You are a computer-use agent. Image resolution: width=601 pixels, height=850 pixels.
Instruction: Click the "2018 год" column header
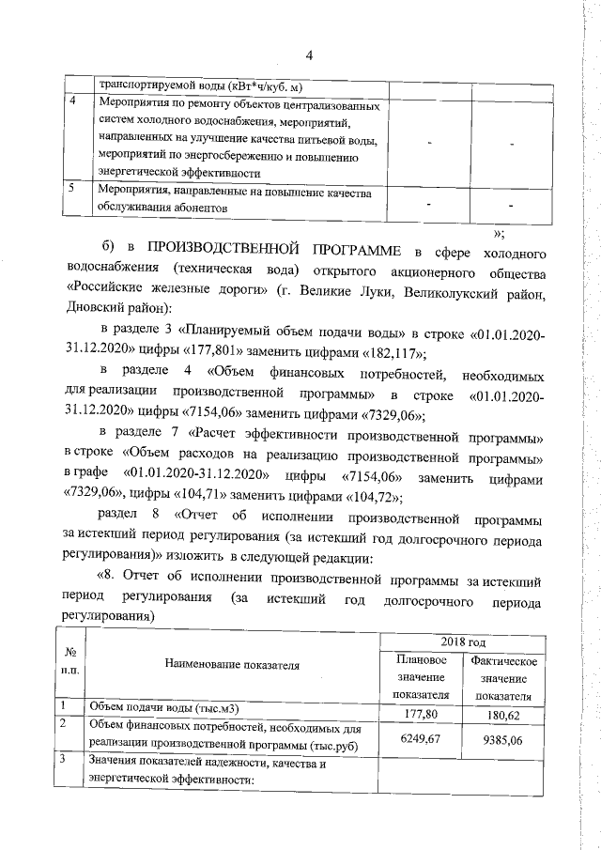click(x=463, y=642)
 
